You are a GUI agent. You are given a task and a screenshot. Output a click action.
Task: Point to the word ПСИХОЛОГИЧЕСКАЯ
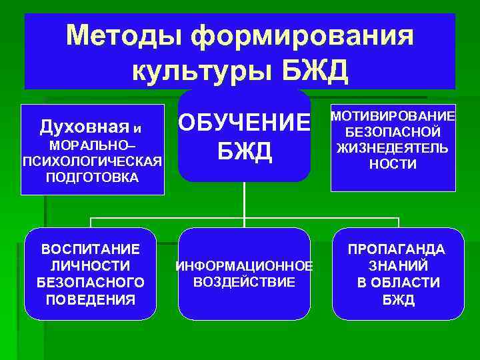(92, 162)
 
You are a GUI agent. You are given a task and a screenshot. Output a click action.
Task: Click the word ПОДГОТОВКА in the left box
(92, 177)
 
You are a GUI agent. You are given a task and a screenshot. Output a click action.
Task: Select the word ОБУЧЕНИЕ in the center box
(245, 123)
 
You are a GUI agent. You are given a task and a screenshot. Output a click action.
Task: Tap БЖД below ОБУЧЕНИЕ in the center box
(245, 152)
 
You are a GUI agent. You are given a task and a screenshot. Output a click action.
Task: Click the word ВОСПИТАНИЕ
(91, 249)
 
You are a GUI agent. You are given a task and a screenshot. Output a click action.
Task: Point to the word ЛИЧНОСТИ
(91, 266)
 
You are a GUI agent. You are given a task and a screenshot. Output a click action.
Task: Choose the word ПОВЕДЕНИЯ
(91, 299)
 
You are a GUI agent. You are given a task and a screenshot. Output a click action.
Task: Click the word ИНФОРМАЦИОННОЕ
(245, 267)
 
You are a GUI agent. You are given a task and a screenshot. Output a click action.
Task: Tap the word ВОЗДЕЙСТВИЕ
(245, 282)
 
